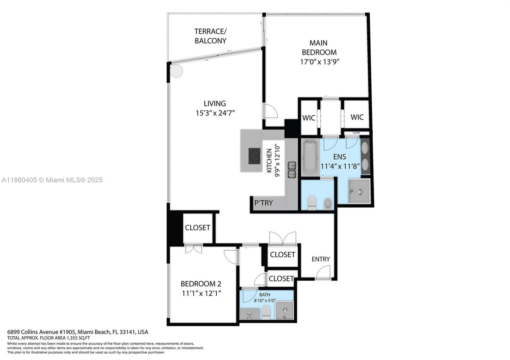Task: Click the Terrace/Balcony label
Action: click(x=210, y=36)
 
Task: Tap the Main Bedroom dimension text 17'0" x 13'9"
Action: click(x=319, y=62)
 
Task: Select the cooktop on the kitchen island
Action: click(x=254, y=156)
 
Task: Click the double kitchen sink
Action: click(x=292, y=170)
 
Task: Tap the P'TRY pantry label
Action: click(x=263, y=203)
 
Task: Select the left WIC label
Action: click(x=309, y=118)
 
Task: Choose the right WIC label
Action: click(x=357, y=117)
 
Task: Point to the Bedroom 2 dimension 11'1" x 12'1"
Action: click(x=201, y=293)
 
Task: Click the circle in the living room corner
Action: click(x=176, y=71)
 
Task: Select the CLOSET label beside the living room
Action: click(x=197, y=228)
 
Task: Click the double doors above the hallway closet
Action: click(x=282, y=238)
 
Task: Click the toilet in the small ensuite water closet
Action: click(x=312, y=203)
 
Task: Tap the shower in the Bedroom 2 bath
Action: click(x=284, y=311)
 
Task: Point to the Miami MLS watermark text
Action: click(x=52, y=180)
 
